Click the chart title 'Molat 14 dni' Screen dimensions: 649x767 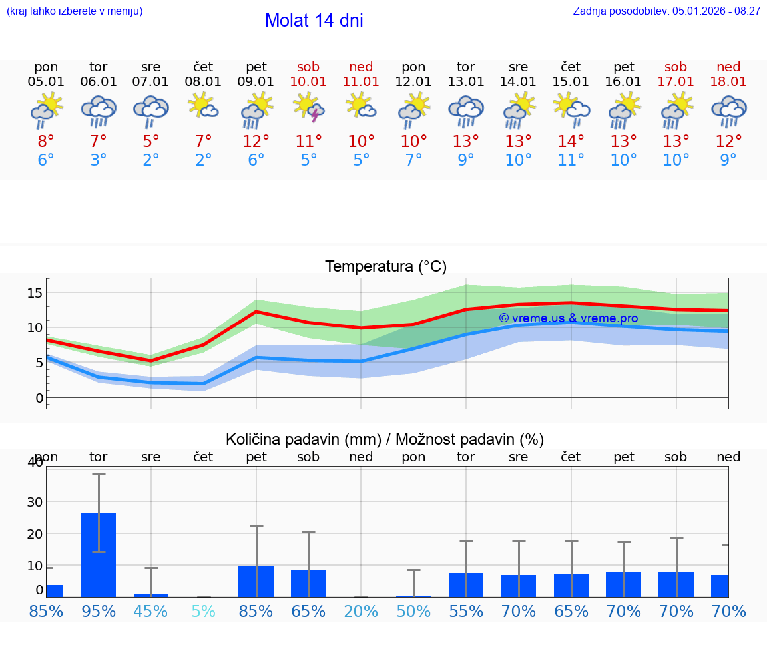314,21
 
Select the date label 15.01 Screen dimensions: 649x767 571,82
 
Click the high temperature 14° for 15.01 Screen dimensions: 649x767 571,142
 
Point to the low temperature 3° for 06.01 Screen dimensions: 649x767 99,160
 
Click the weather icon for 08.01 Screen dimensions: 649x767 203,106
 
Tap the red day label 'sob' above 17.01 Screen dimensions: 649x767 676,67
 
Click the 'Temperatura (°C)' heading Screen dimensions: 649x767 385,267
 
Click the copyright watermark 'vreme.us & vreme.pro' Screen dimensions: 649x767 568,318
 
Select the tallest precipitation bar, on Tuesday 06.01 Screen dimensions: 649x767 99,554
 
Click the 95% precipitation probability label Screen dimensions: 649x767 99,611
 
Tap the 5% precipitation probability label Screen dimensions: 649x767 203,611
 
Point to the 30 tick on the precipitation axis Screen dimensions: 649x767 35,502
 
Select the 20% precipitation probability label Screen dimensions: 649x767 361,611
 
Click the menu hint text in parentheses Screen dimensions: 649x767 74,11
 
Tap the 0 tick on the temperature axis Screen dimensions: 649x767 39,398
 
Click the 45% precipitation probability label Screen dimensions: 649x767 151,611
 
